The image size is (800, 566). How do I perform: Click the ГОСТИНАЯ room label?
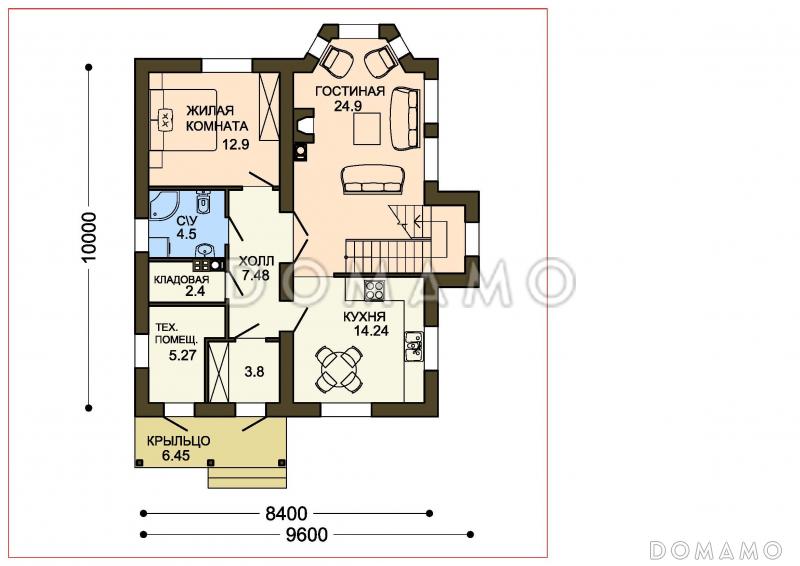coord(349,91)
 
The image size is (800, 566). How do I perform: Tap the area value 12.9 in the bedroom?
coord(235,144)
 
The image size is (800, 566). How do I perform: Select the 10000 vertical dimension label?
coord(89,237)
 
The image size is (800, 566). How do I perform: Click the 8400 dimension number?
coord(286,513)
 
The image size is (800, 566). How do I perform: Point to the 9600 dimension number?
coord(307,534)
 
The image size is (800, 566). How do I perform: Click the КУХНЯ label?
coord(364,317)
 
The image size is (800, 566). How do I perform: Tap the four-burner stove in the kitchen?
coord(374,291)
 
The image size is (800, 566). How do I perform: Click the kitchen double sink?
coord(414,347)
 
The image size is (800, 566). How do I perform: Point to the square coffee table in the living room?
coord(367,129)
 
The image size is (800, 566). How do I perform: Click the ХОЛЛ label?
coord(257,261)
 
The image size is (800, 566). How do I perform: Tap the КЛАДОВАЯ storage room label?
coord(182,280)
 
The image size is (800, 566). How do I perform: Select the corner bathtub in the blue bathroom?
coord(163,206)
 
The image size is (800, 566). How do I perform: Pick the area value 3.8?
coord(254,372)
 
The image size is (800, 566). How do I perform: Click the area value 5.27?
coord(183,355)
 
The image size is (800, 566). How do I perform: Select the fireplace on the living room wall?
coord(305,123)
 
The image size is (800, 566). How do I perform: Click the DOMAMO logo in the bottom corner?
coord(716,550)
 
